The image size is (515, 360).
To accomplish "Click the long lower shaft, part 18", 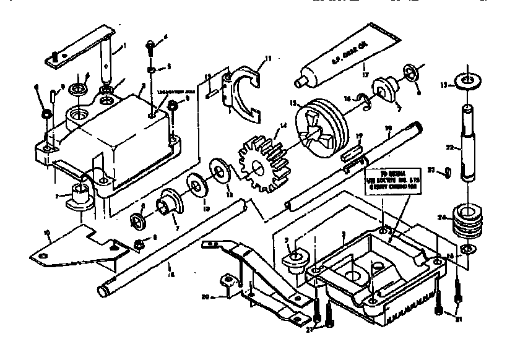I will coord(173,247).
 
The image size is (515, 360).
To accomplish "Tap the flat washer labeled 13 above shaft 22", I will coord(466,82).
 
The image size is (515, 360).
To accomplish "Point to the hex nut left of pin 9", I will coord(46,114).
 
